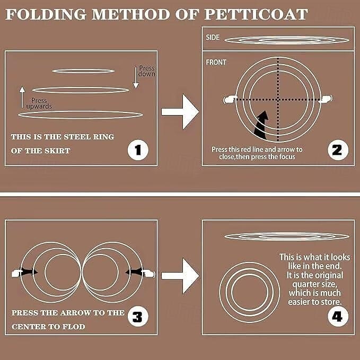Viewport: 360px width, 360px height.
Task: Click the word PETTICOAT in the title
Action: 256,14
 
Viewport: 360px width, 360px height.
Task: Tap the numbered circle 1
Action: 138,150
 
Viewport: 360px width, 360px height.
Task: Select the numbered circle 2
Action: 338,150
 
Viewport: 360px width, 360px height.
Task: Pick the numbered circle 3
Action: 138,317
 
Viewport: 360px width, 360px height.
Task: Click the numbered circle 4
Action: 338,317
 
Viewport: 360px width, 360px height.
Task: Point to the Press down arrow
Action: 136,77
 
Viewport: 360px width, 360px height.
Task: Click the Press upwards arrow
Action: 22,97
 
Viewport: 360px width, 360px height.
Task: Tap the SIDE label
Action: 213,38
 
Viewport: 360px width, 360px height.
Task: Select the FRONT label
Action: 216,62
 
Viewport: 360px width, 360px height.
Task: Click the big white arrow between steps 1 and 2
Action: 180,112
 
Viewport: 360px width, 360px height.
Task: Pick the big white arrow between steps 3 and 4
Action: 180,276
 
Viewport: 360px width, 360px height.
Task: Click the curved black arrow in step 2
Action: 262,126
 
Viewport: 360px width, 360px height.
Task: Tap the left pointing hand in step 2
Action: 230,100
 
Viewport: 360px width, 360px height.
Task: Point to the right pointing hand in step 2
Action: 326,99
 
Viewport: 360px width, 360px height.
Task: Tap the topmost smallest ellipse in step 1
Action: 83,71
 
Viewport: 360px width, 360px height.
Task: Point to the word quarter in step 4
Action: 315,285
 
